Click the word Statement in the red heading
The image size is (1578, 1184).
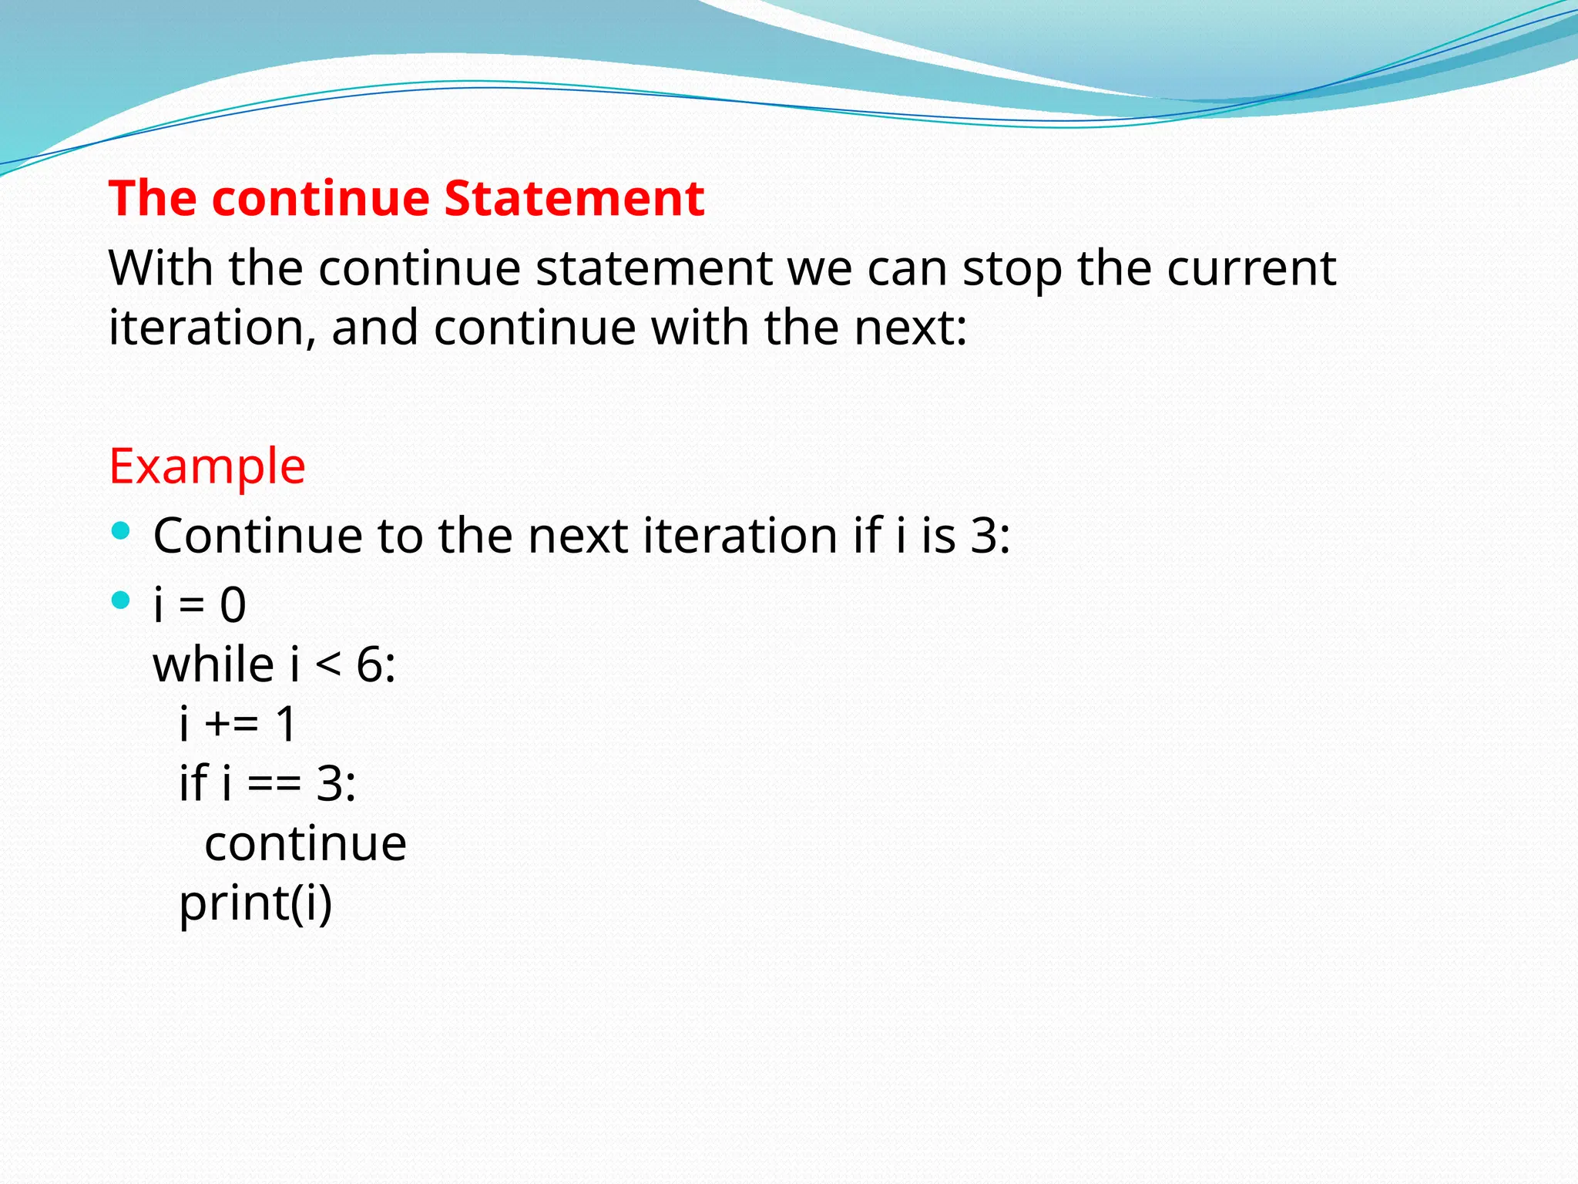(x=574, y=198)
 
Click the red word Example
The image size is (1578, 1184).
(x=207, y=466)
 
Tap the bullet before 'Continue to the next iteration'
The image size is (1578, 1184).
(x=121, y=530)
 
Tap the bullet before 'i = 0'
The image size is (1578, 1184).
(x=121, y=600)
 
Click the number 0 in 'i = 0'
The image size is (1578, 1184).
(x=233, y=605)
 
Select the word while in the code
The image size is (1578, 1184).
(x=213, y=664)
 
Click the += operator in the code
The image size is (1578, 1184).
(x=231, y=725)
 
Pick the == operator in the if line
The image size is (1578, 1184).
(x=274, y=785)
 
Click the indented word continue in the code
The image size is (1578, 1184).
(x=305, y=844)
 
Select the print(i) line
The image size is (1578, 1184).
(x=255, y=903)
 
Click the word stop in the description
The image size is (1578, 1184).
(x=1012, y=270)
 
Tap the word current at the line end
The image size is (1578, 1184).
(x=1251, y=270)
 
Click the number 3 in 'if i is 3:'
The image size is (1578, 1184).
(x=982, y=536)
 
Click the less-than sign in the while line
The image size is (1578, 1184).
(x=327, y=664)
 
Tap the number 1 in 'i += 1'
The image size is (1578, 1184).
(x=285, y=725)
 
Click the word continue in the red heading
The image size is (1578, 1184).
(x=320, y=198)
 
